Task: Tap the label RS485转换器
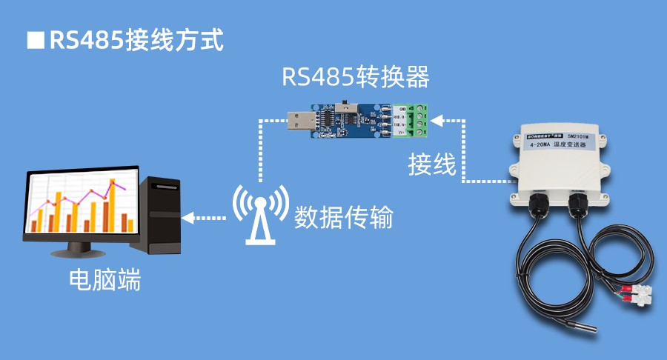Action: pos(356,77)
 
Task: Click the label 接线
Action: pos(432,165)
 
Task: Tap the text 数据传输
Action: pos(343,218)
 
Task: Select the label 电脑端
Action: pos(104,280)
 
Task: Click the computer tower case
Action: pos(163,215)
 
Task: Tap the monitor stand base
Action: pos(82,252)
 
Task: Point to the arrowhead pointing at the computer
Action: pos(188,218)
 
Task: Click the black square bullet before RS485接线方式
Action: pos(34,40)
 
